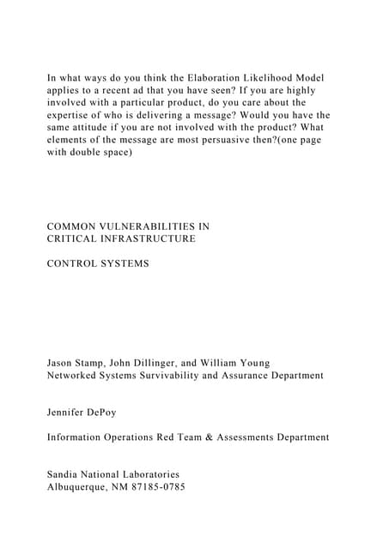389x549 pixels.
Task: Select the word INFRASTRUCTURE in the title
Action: (x=148, y=238)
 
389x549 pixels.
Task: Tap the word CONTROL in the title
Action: (x=71, y=263)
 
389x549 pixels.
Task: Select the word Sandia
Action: (x=65, y=474)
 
